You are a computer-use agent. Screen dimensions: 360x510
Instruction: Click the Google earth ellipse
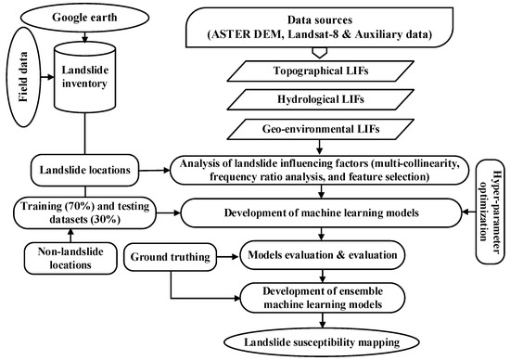tap(86, 18)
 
